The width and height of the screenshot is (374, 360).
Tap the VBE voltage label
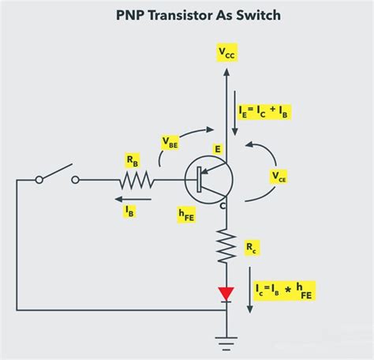pos(170,142)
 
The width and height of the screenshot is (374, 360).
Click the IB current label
pos(129,209)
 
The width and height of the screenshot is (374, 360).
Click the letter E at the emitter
pos(216,149)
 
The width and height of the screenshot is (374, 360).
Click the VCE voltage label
pos(279,175)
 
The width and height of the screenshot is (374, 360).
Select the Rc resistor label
pos(252,249)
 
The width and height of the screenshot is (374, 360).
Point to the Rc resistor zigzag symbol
pos(226,246)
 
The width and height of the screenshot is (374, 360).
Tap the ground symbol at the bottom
pos(226,341)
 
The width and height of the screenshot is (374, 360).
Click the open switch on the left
pos(57,177)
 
